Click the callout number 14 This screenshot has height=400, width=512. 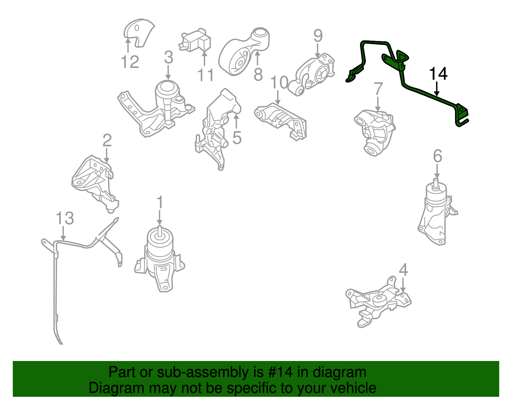(438, 74)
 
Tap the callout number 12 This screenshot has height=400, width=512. (130, 62)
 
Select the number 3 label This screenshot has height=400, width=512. (168, 58)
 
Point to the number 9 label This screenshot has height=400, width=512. (318, 36)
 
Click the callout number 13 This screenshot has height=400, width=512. (65, 218)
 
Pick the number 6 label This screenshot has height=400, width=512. (437, 156)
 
